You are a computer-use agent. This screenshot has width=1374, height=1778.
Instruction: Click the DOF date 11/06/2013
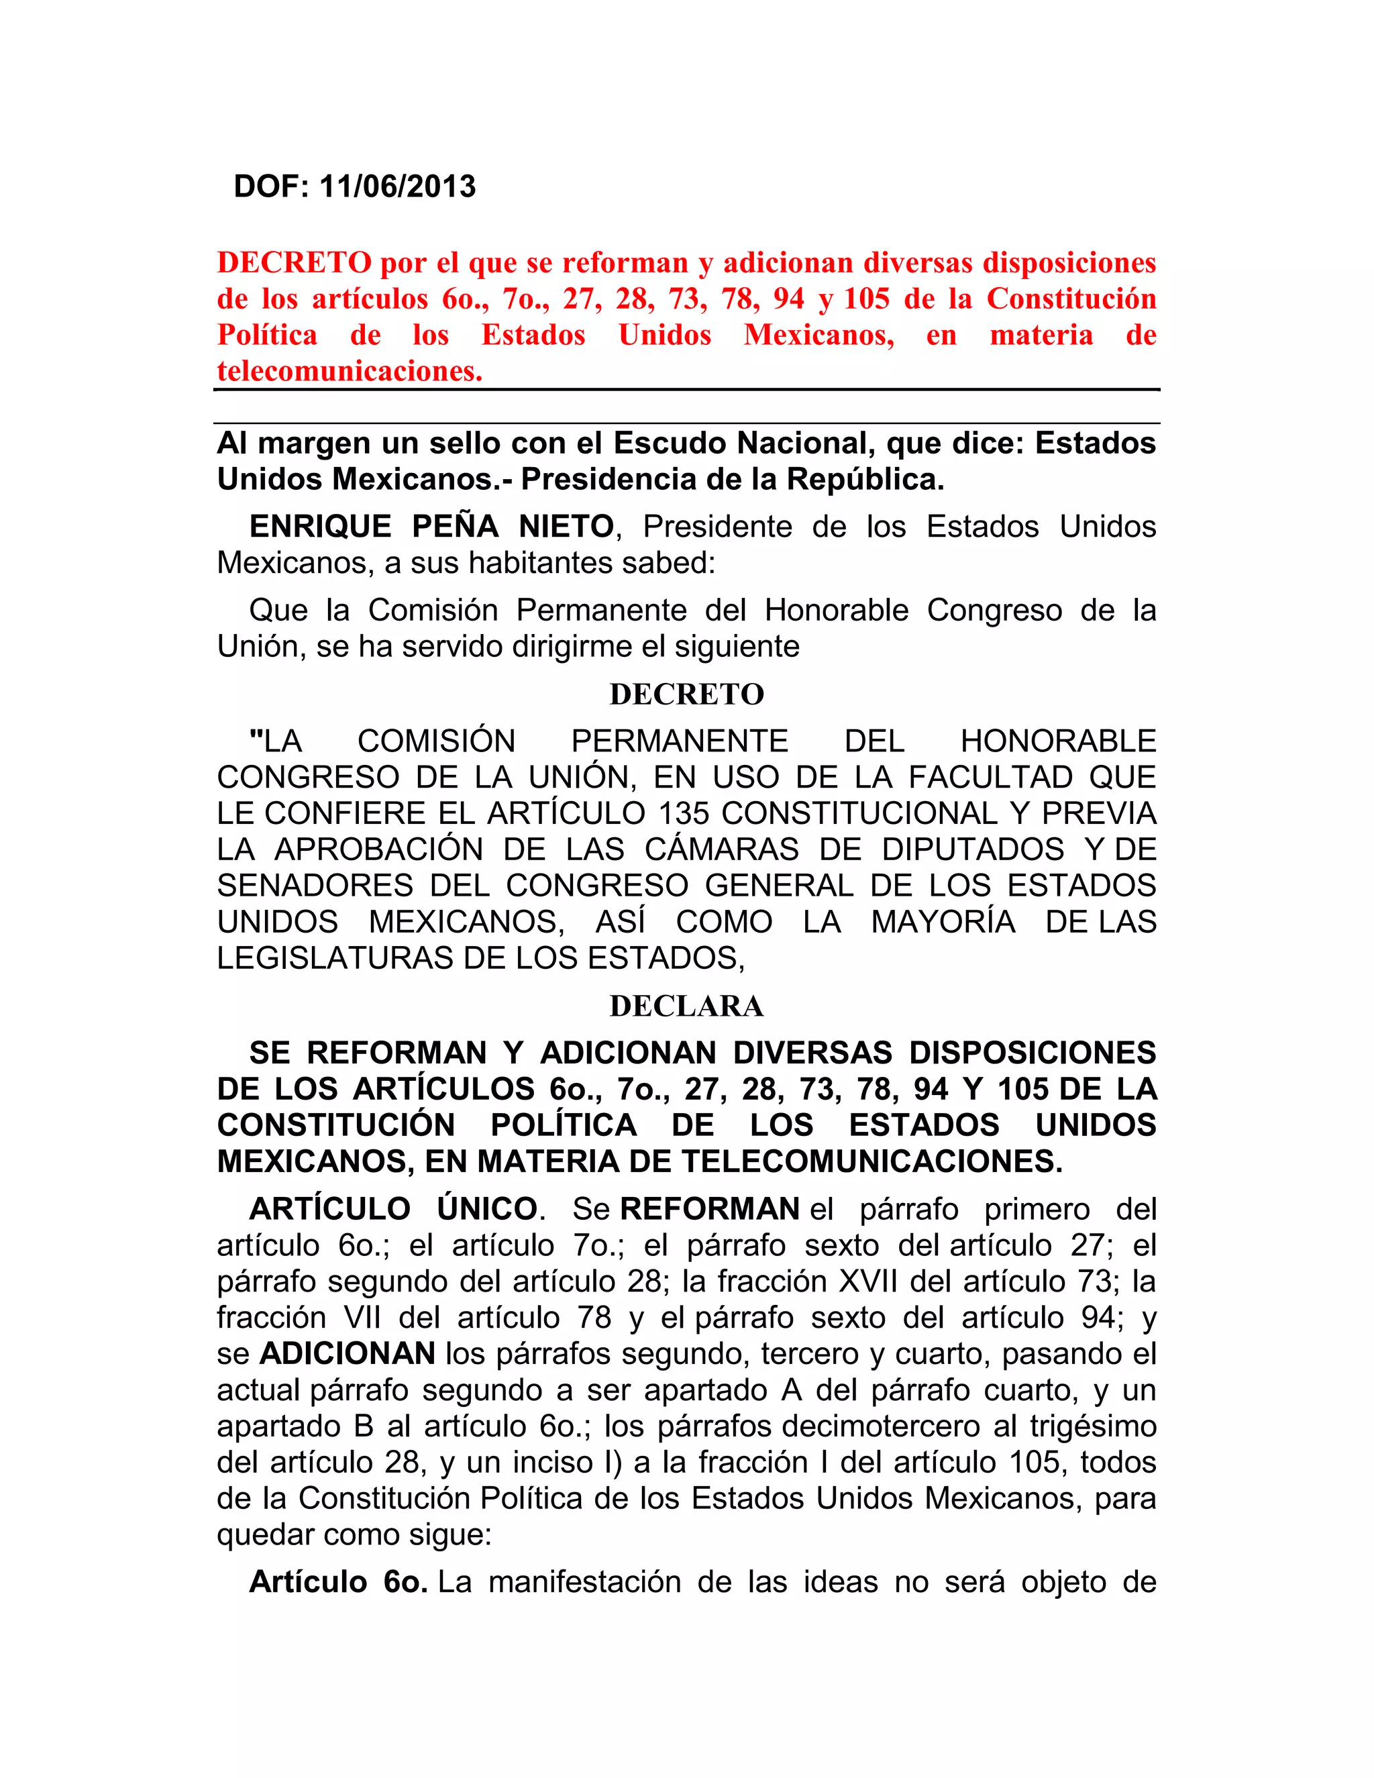point(397,187)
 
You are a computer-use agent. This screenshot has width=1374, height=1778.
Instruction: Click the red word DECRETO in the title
point(294,263)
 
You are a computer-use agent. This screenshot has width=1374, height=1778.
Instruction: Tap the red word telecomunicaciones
point(348,371)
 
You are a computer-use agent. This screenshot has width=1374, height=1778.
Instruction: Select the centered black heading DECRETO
point(686,694)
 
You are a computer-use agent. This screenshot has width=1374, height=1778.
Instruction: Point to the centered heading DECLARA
point(686,1006)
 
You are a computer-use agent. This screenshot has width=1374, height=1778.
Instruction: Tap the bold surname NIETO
point(566,527)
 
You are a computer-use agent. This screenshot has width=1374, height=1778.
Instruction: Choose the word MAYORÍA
point(943,922)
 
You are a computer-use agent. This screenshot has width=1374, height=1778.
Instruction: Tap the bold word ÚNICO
point(487,1209)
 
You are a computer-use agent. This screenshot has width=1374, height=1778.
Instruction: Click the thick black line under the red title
point(686,390)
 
